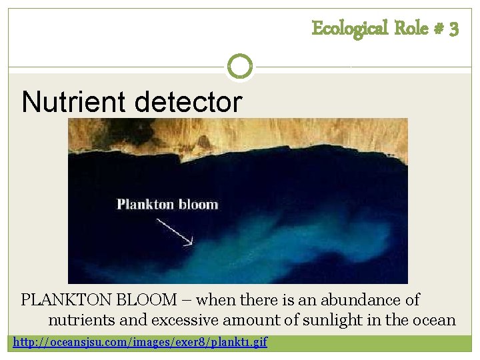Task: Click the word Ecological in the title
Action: tap(349, 29)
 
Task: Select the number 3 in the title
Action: tap(453, 29)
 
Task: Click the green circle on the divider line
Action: tap(240, 67)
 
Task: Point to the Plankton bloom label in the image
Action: tap(167, 205)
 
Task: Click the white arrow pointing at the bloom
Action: tap(175, 231)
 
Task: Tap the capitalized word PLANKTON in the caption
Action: tap(66, 301)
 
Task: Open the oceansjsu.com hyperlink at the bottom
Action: tap(140, 343)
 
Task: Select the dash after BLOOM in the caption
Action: tap(188, 301)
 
